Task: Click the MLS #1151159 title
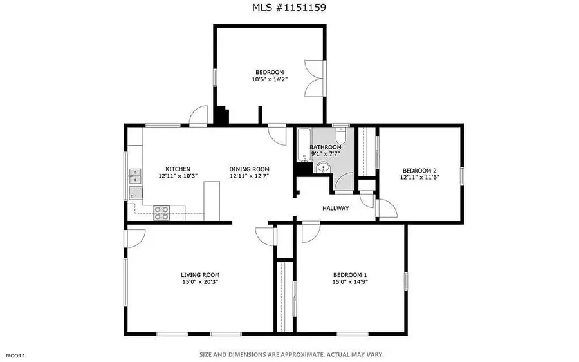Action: (x=289, y=8)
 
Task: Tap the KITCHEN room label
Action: (x=178, y=169)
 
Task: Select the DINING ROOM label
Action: (x=249, y=169)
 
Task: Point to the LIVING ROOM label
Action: (x=200, y=275)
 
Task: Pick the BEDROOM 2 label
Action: (x=419, y=169)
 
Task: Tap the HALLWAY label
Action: (x=335, y=208)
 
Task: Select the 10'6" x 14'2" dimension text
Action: (x=270, y=79)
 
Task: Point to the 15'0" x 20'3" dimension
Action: (x=200, y=282)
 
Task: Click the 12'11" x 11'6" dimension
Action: (x=419, y=176)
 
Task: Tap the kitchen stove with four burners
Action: (x=161, y=213)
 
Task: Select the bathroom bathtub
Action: (x=304, y=146)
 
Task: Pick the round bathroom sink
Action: (x=323, y=168)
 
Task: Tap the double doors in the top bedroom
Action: (x=313, y=78)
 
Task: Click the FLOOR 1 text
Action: (x=15, y=356)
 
